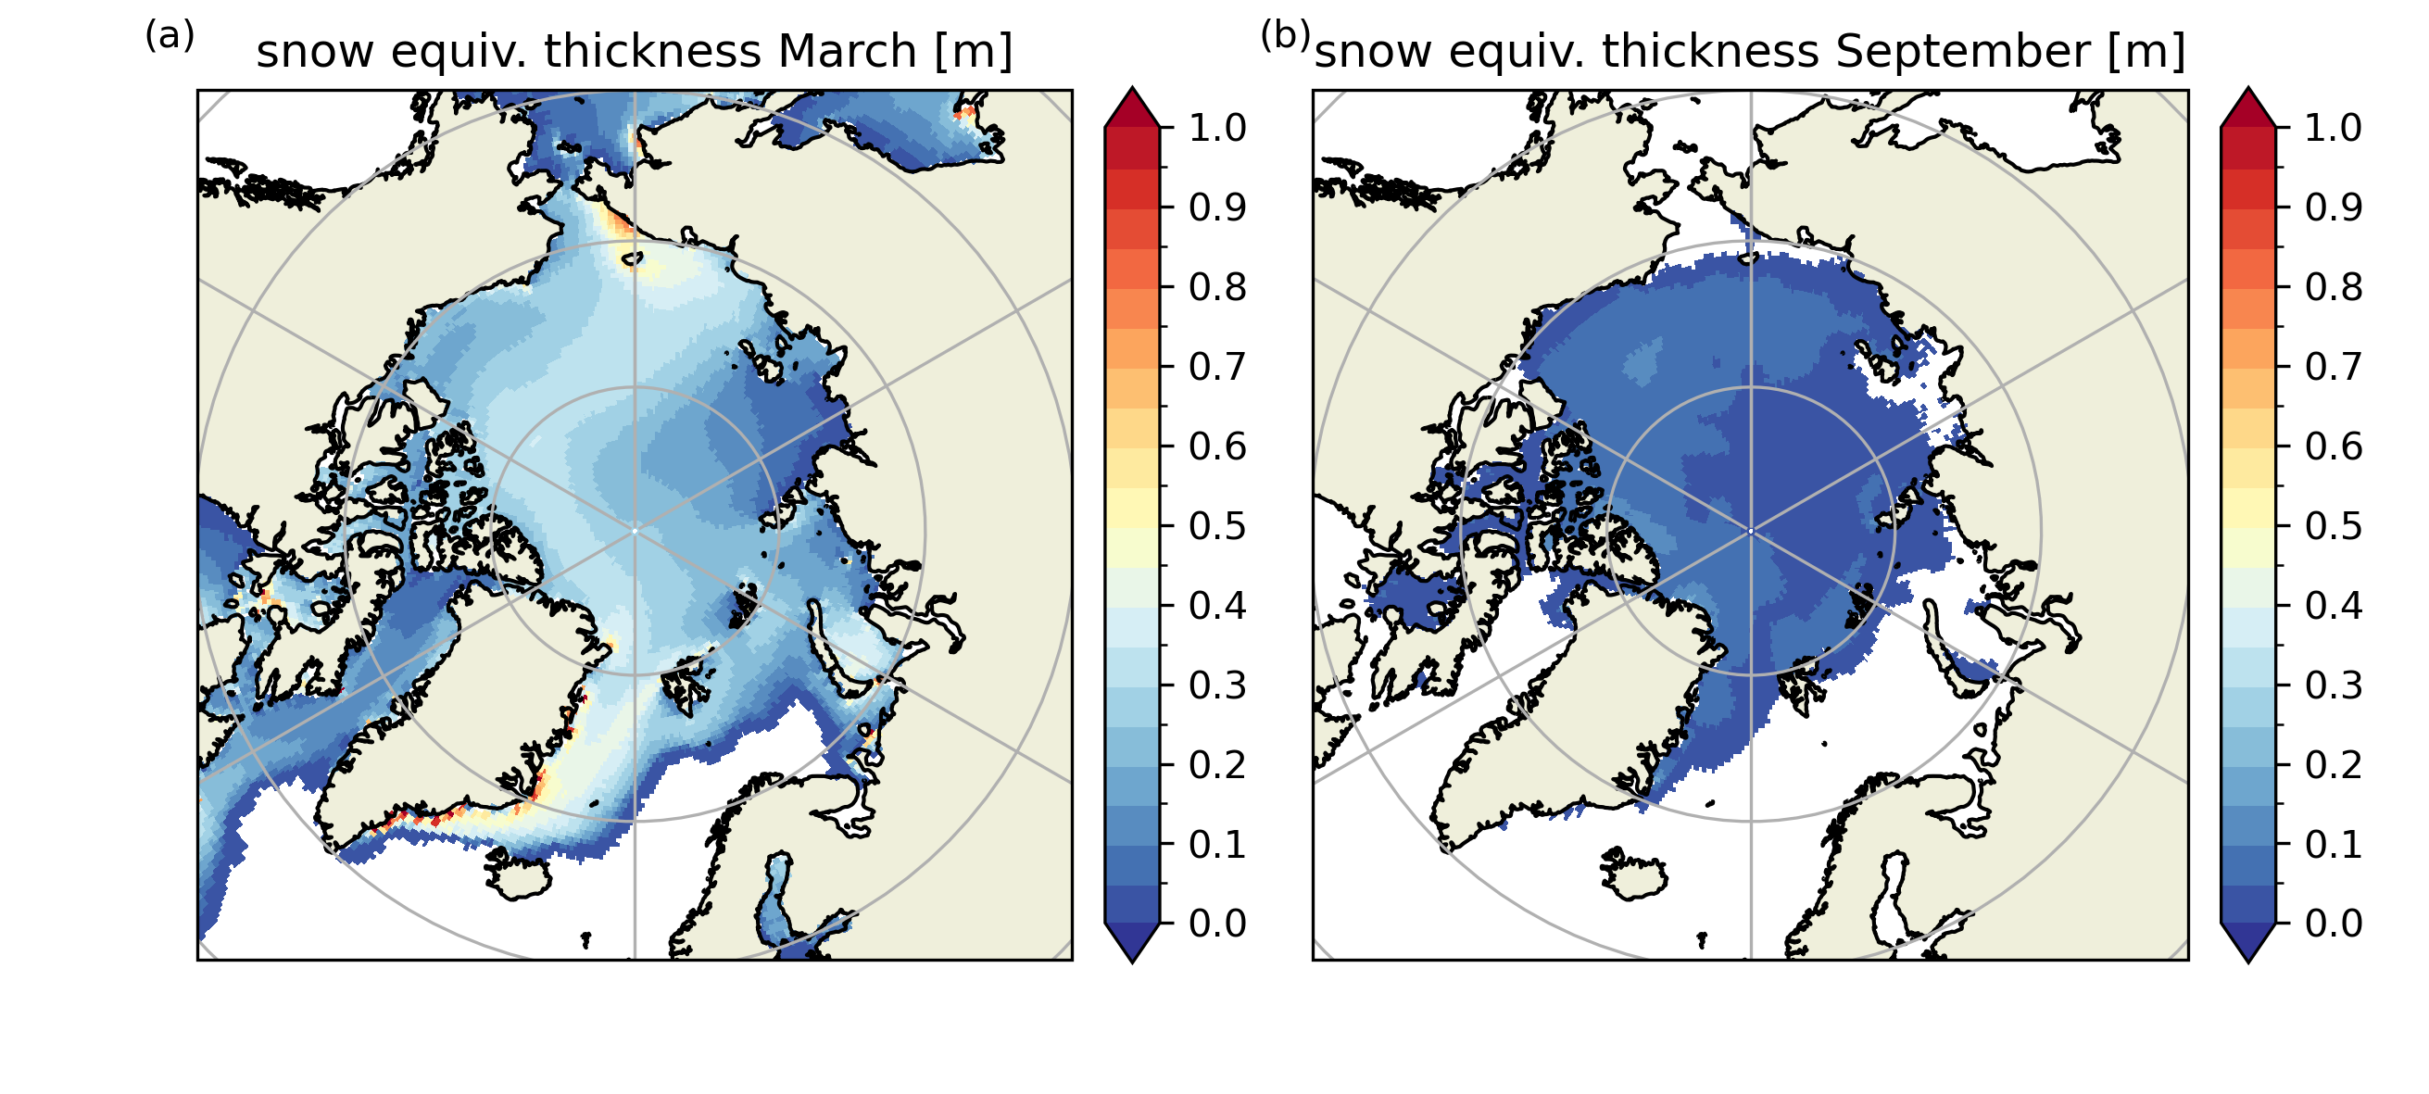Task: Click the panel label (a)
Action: (x=170, y=36)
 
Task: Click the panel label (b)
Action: (x=1285, y=36)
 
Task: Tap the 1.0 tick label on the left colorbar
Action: (x=1217, y=127)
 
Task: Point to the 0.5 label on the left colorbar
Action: (x=1217, y=525)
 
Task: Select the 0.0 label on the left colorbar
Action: (x=1217, y=924)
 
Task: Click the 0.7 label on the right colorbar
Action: (x=2334, y=366)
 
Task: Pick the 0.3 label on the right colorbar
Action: (x=2334, y=685)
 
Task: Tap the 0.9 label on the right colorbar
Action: (x=2334, y=207)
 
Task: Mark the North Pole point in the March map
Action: (x=635, y=531)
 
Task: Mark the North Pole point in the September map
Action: (x=1751, y=531)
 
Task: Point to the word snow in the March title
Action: (x=315, y=51)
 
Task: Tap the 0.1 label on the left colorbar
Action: (x=1217, y=844)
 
